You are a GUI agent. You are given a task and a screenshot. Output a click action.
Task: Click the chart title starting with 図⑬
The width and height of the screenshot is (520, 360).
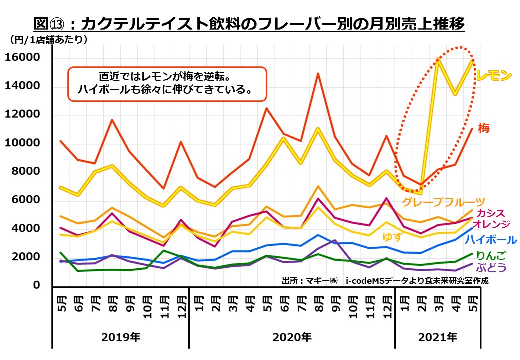click(249, 24)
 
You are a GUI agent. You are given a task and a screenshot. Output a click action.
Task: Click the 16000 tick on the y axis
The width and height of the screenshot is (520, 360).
click(22, 58)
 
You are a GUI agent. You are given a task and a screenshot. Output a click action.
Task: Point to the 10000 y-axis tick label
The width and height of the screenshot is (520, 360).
click(22, 144)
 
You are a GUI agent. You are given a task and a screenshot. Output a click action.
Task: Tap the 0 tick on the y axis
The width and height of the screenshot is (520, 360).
click(36, 285)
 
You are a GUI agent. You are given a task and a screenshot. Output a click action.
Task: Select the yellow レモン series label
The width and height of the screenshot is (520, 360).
click(494, 76)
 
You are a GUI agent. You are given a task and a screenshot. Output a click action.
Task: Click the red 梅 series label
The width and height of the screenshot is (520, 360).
click(483, 128)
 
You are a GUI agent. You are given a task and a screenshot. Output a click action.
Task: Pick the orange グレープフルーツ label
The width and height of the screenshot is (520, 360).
click(443, 202)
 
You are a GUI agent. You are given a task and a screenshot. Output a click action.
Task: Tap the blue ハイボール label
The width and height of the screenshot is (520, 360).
click(491, 240)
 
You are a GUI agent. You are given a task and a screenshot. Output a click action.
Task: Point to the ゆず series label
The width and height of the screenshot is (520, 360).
click(392, 237)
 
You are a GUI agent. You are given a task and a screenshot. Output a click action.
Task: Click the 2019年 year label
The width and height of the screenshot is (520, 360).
click(121, 337)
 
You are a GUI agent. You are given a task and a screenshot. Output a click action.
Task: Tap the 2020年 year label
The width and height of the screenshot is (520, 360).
click(292, 337)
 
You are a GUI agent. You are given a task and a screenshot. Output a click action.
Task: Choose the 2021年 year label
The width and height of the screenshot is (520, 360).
click(437, 337)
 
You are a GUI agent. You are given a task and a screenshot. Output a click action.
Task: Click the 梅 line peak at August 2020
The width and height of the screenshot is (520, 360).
click(318, 74)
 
